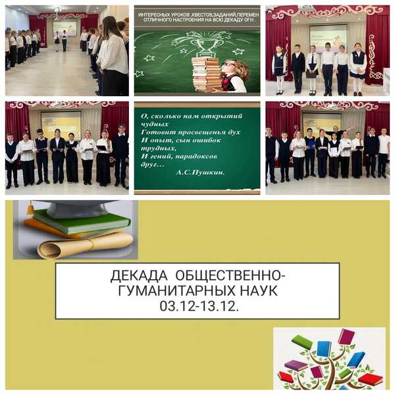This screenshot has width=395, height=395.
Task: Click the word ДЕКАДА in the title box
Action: (x=139, y=276)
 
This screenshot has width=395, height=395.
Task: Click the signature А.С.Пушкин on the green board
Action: (x=200, y=172)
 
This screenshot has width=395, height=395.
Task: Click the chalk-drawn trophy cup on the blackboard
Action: (x=205, y=45)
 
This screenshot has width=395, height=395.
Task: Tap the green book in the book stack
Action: (x=81, y=223)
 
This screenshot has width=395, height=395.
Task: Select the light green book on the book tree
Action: (x=302, y=342)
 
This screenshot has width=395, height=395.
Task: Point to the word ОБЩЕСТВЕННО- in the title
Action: (x=230, y=276)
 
